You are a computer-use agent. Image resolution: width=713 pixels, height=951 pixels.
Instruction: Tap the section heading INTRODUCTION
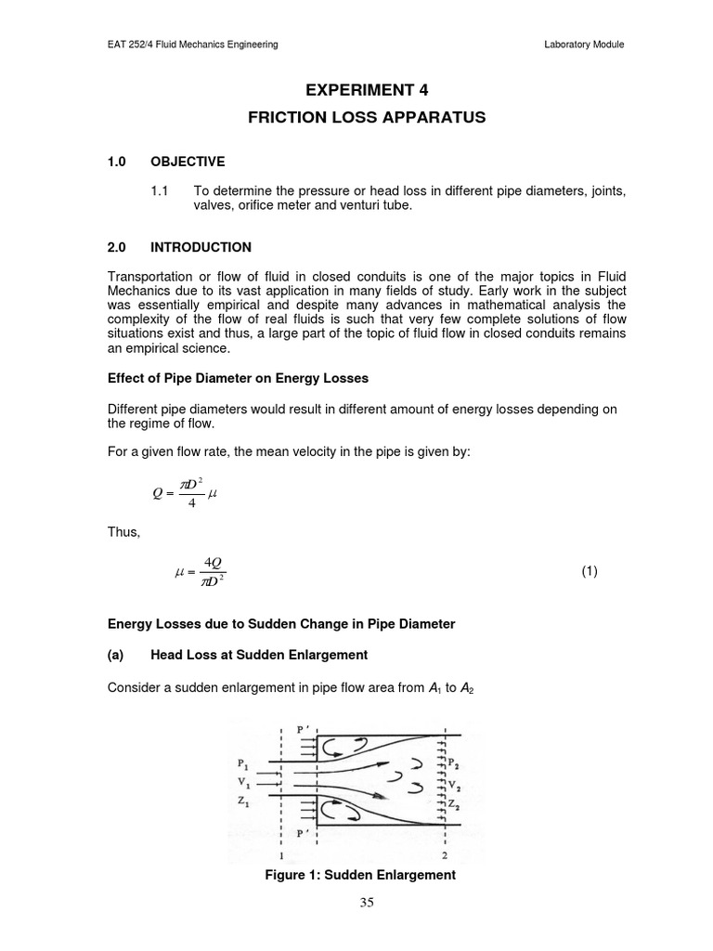(x=201, y=247)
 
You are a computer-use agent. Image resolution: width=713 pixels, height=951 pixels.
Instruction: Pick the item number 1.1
(x=158, y=190)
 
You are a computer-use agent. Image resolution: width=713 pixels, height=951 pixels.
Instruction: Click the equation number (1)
(x=590, y=571)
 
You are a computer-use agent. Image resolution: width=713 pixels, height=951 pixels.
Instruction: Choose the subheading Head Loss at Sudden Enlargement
(x=259, y=655)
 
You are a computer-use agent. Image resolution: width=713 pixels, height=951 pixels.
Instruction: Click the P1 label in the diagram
(x=243, y=766)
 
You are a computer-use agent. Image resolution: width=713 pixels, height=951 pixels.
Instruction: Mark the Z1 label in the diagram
(x=243, y=801)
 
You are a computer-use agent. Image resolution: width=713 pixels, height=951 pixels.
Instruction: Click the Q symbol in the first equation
(x=157, y=493)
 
